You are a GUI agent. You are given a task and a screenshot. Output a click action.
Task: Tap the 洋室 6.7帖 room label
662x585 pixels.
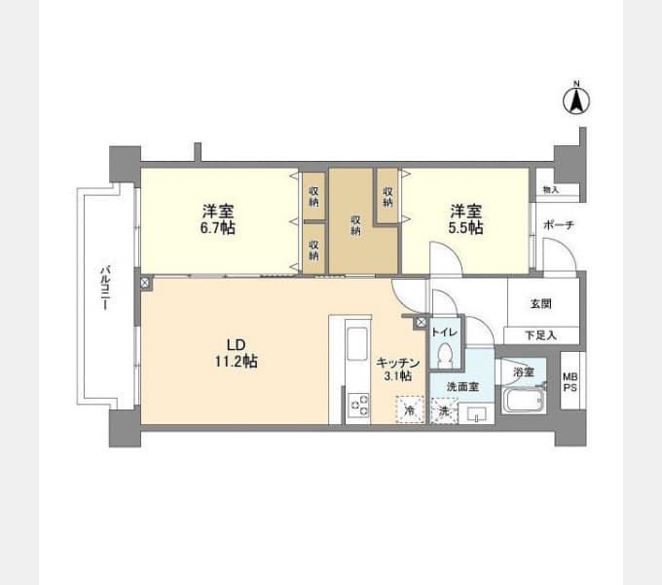point(218,219)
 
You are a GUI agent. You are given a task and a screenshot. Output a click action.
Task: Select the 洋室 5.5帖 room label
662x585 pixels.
point(465,219)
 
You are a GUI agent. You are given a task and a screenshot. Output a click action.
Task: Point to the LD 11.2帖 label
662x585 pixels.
point(236,353)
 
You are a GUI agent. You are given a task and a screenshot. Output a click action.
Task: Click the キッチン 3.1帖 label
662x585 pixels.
point(398,369)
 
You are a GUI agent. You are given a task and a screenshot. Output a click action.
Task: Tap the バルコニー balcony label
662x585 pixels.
point(105,288)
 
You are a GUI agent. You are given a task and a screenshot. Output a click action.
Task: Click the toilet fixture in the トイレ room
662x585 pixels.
point(445,354)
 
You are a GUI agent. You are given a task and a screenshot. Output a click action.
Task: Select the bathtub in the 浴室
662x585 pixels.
point(524,400)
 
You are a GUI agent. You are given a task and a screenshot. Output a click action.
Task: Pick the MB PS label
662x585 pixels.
point(570,382)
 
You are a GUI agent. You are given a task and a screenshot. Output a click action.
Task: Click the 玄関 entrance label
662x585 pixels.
point(541,303)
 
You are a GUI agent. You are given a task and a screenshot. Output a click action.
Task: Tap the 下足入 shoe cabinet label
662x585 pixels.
point(541,335)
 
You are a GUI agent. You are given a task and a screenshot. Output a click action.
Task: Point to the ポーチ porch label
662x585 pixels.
point(559,224)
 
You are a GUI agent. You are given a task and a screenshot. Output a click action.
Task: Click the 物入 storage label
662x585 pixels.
point(551,190)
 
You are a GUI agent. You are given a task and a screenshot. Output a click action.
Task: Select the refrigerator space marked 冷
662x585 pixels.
point(410,409)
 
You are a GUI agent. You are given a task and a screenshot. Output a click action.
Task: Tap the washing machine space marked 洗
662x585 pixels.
point(444,410)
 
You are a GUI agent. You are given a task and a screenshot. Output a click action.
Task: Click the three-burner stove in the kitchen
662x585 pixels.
point(359,405)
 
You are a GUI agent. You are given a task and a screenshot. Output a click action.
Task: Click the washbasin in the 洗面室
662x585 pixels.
point(476,413)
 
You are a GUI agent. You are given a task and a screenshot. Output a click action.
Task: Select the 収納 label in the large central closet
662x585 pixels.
point(356,226)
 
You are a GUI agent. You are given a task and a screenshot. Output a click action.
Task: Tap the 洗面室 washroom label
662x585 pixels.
point(462,386)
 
